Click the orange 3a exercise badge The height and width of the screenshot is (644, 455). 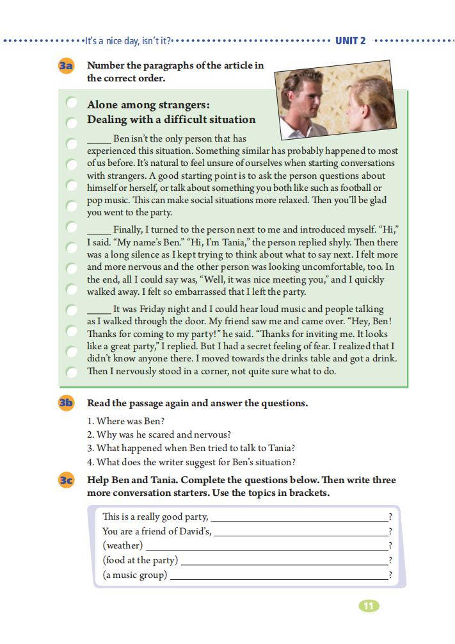pyautogui.click(x=66, y=66)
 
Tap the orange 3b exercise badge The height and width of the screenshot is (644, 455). pyautogui.click(x=66, y=403)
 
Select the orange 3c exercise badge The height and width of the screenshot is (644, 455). pyautogui.click(x=66, y=480)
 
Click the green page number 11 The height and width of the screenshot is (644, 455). pyautogui.click(x=369, y=606)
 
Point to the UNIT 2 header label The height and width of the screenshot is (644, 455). pyautogui.click(x=351, y=41)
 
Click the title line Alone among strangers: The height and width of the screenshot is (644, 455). pyautogui.click(x=148, y=104)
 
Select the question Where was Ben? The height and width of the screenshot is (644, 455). pyautogui.click(x=126, y=421)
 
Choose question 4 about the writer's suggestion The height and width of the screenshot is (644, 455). pyautogui.click(x=191, y=462)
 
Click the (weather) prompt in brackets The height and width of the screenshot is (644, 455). pyautogui.click(x=122, y=546)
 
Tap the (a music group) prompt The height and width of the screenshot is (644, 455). pyautogui.click(x=134, y=575)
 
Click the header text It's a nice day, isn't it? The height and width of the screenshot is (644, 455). pyautogui.click(x=128, y=41)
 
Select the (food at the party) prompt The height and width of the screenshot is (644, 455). pyautogui.click(x=140, y=561)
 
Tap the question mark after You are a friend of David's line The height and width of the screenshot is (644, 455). pyautogui.click(x=390, y=532)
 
